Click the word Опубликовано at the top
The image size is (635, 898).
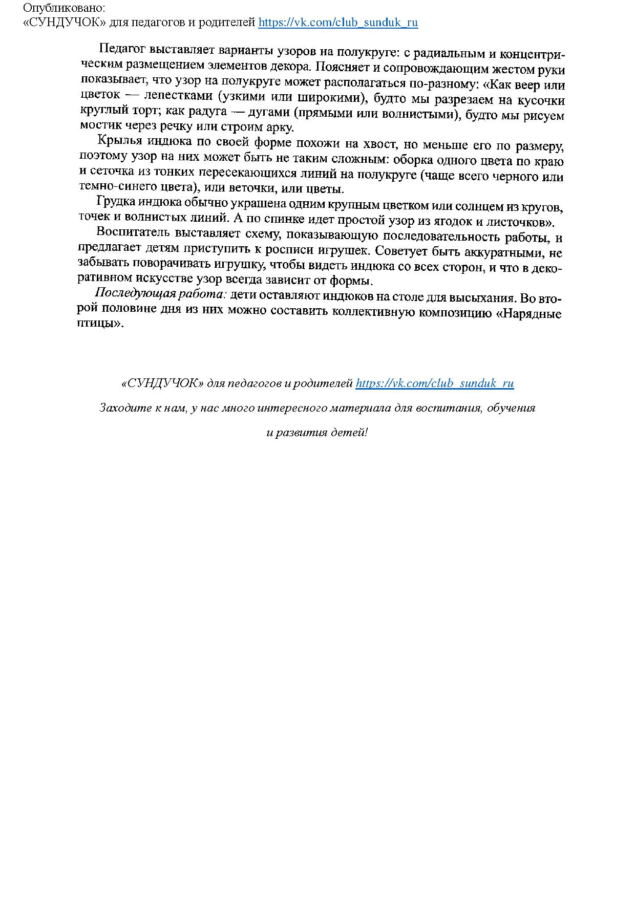click(x=63, y=9)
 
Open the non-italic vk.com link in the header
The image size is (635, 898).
click(x=338, y=23)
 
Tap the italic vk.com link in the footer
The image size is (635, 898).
click(x=434, y=383)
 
